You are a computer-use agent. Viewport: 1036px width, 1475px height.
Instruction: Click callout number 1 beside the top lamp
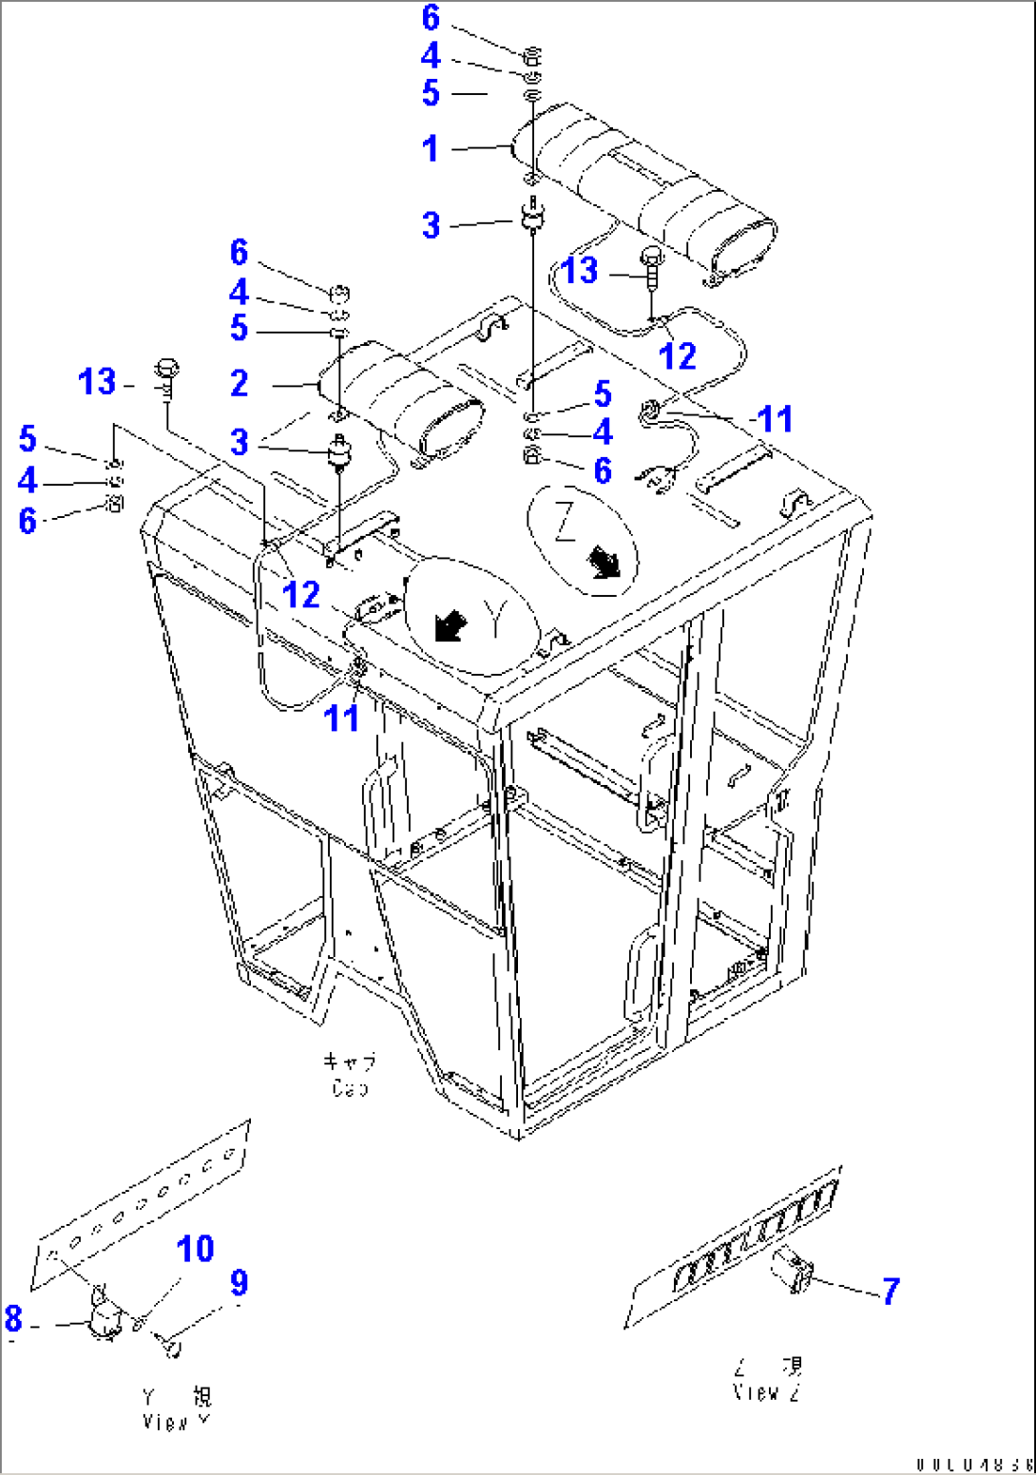[431, 148]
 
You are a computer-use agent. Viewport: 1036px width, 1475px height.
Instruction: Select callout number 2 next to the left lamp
[240, 383]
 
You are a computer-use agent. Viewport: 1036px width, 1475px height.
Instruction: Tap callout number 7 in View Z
[891, 1291]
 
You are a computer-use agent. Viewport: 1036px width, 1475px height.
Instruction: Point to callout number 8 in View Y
[13, 1318]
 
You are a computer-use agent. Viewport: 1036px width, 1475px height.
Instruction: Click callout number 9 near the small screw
[240, 1283]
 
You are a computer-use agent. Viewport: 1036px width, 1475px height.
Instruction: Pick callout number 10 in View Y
[196, 1249]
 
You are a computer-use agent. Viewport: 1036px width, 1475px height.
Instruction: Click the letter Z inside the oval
[565, 520]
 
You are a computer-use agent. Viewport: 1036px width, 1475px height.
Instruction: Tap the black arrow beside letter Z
[603, 563]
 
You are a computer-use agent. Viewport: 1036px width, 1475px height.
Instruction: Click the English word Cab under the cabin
[350, 1088]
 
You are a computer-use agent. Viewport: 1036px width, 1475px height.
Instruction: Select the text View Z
[767, 1392]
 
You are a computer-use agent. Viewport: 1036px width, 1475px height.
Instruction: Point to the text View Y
[177, 1422]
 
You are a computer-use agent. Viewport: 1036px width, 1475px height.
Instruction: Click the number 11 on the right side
[775, 419]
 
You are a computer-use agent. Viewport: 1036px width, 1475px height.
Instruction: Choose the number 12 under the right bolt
[678, 356]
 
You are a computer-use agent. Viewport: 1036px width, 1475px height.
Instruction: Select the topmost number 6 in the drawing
[431, 17]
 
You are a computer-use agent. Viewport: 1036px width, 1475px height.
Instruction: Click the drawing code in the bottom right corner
[973, 1465]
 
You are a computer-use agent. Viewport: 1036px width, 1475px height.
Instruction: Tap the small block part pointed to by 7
[793, 1271]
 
